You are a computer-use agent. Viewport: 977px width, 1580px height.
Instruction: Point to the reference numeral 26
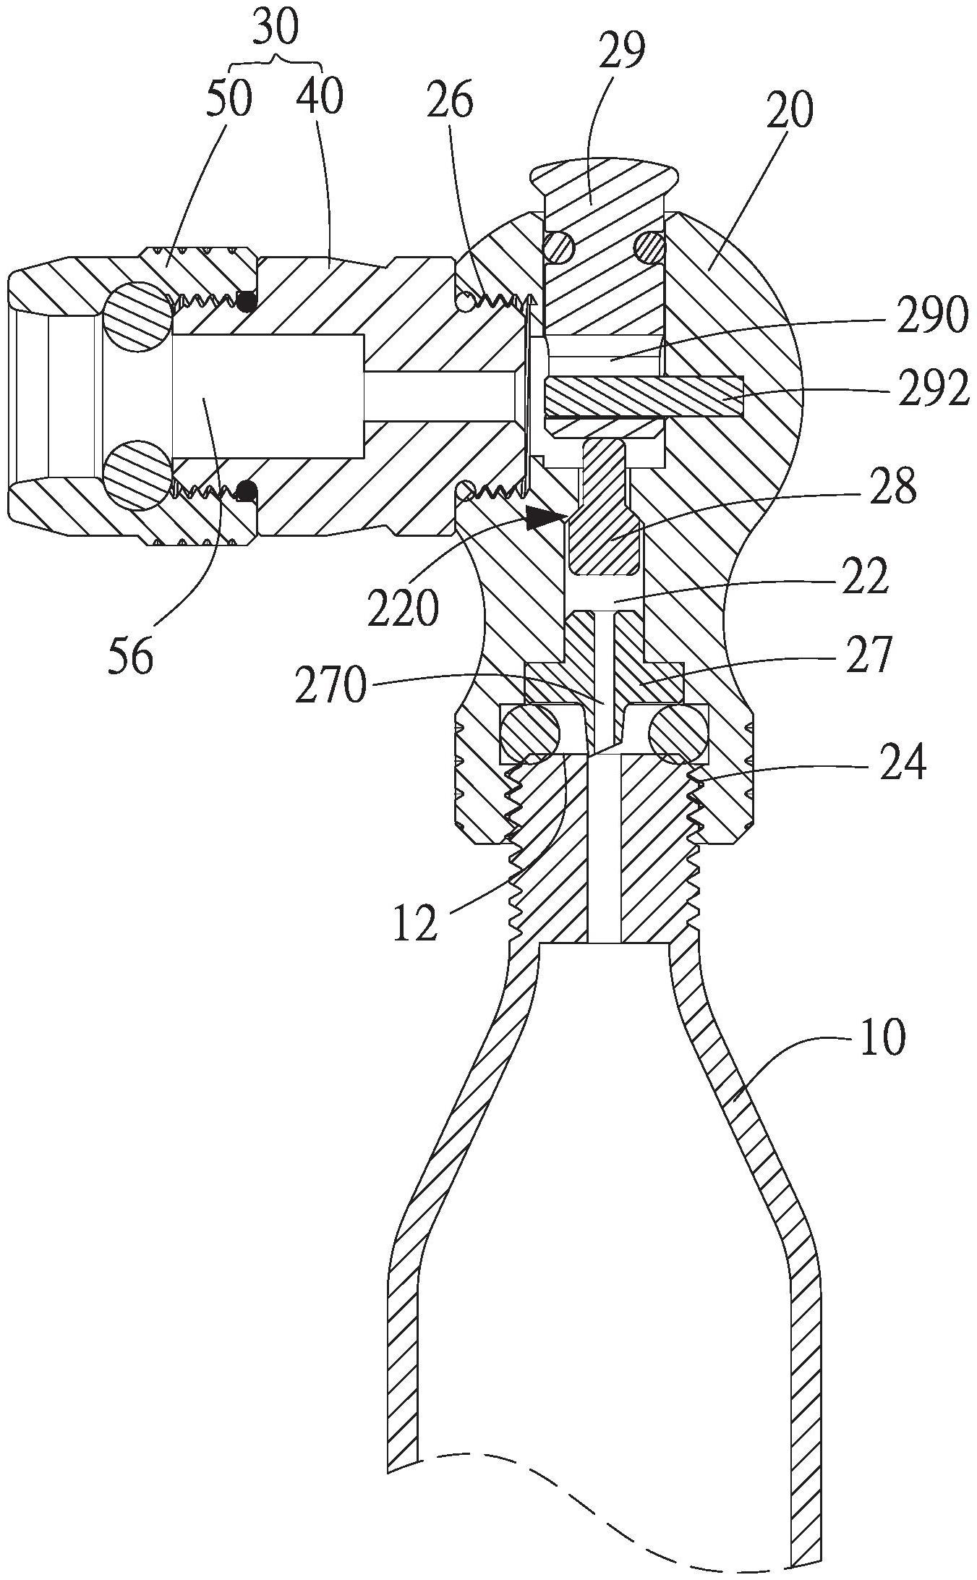(449, 100)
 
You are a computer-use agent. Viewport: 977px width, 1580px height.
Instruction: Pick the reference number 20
(790, 110)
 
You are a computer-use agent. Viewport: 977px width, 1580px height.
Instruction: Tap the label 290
(931, 316)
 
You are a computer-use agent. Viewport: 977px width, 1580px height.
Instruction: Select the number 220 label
(403, 608)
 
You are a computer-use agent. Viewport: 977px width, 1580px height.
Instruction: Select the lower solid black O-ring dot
(248, 492)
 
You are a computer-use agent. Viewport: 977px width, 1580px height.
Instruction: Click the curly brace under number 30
(278, 61)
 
